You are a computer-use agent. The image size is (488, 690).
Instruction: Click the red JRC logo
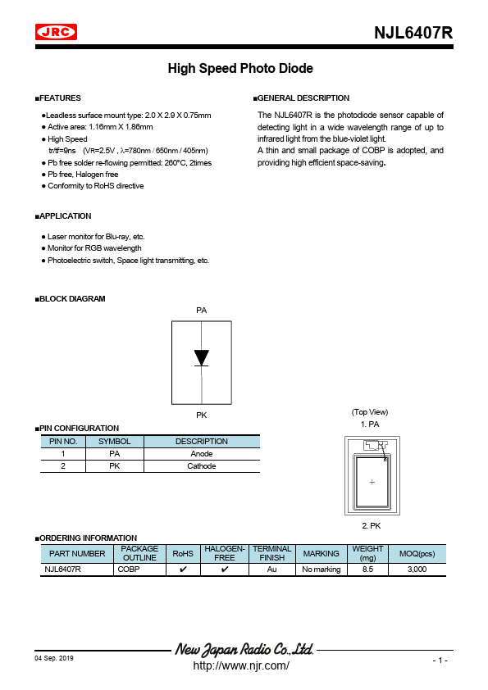pos(57,32)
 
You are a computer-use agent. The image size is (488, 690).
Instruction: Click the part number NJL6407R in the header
pos(413,34)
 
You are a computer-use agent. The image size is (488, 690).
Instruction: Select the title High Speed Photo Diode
pos(240,69)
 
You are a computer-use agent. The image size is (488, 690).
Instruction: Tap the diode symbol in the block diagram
pos(202,358)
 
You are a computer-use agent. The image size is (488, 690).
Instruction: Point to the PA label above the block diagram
pos(202,311)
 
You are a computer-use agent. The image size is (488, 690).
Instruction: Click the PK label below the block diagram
pos(202,415)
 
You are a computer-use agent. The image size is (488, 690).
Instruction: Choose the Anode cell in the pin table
pos(202,453)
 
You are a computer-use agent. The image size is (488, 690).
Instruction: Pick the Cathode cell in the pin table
pos(202,466)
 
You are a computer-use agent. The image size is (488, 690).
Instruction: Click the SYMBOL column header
pos(115,441)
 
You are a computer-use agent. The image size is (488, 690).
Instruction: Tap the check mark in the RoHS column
pos(182,569)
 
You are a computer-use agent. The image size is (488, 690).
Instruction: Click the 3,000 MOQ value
pos(417,569)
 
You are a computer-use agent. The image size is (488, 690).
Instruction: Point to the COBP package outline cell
pos(129,569)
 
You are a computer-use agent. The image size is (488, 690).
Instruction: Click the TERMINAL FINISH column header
pos(272,553)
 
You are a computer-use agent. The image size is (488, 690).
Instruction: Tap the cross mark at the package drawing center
pos(372,483)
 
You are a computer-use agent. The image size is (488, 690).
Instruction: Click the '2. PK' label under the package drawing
pos(371,524)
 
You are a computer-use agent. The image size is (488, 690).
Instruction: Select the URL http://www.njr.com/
pos(240,665)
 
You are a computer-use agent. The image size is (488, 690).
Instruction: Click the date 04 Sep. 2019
pos(54,659)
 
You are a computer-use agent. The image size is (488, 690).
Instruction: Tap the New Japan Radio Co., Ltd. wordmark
pos(244,650)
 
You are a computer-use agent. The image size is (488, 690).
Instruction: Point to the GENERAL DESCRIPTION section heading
pos(303,98)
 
